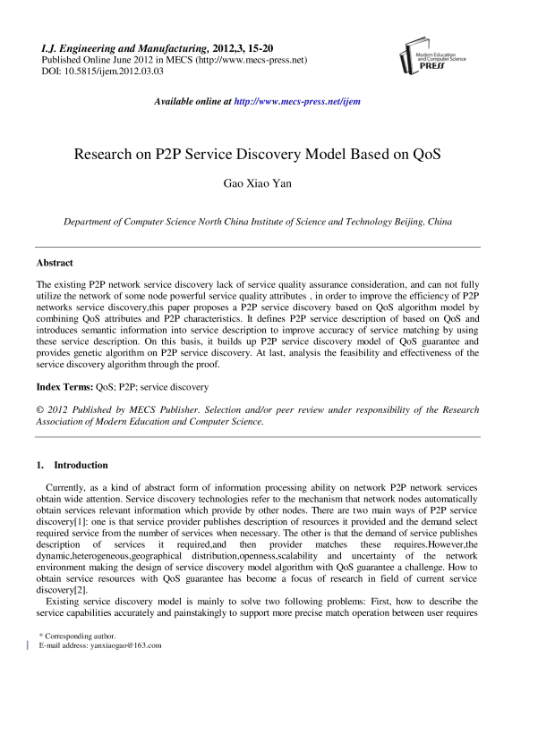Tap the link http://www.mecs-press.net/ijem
(x=296, y=102)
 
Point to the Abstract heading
(x=55, y=263)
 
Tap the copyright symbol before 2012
(x=40, y=409)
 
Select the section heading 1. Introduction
(x=72, y=465)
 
